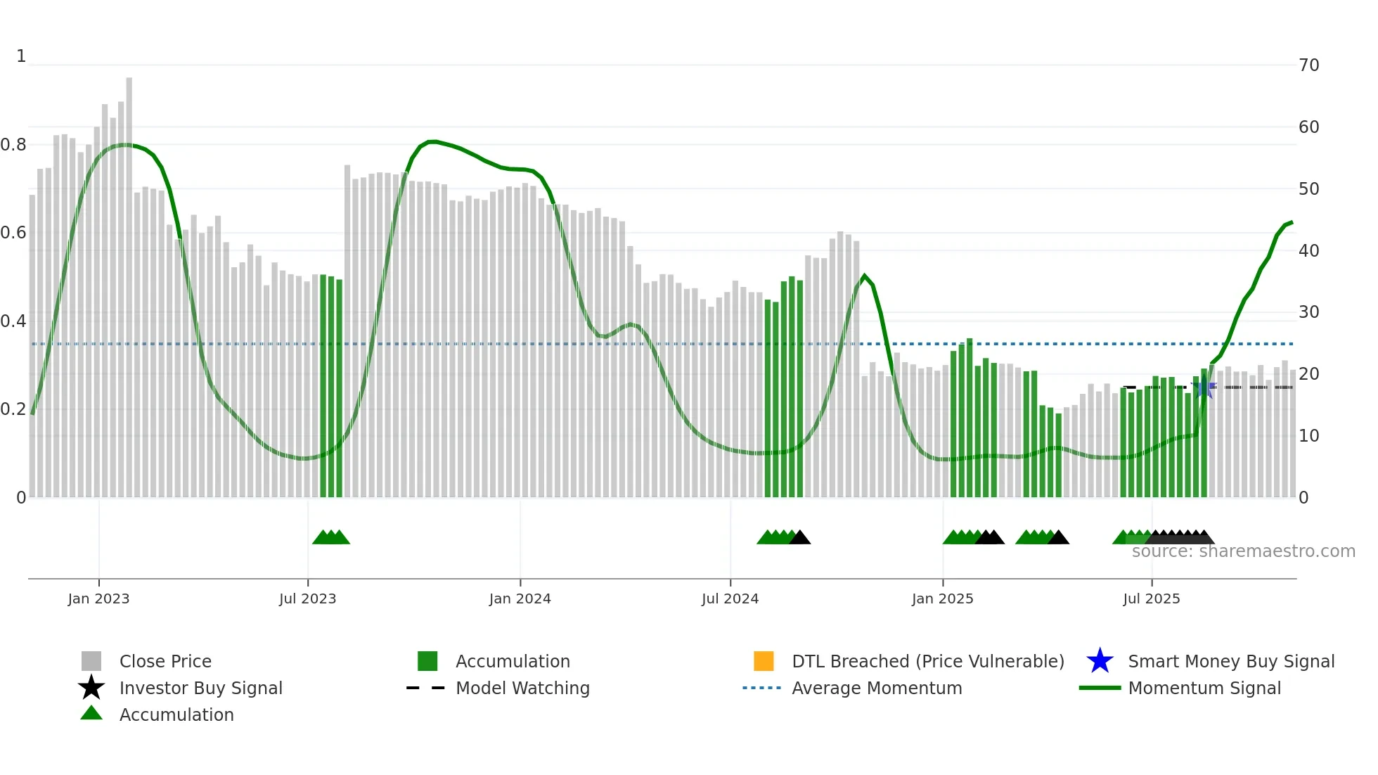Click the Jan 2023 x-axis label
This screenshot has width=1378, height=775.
(98, 598)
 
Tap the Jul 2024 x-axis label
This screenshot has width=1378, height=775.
(730, 598)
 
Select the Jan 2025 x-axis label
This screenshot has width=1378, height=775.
(942, 598)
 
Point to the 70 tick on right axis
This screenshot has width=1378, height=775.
(1308, 65)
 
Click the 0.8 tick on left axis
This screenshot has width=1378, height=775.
(13, 145)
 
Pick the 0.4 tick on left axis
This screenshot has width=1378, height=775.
(13, 321)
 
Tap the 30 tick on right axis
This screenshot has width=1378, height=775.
(1308, 312)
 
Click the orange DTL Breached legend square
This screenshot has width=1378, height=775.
(764, 661)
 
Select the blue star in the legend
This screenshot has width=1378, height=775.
(1100, 661)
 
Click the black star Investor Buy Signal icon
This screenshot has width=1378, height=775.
(91, 688)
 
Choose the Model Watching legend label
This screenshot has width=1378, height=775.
(522, 688)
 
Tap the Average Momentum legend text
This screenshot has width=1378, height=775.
(877, 688)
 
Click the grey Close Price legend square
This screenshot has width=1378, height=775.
(91, 661)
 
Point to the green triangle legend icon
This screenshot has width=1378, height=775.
(91, 713)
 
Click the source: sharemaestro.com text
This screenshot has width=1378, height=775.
(1243, 551)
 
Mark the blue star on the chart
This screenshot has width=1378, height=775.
(1204, 387)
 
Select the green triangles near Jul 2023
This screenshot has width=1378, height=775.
(331, 537)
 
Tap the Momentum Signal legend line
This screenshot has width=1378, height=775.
(1100, 688)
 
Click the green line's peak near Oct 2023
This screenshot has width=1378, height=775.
(433, 142)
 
